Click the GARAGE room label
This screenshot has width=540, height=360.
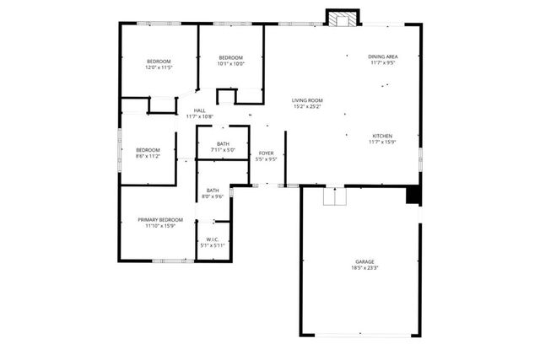[x=364, y=261]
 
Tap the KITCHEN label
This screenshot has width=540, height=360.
[x=382, y=136]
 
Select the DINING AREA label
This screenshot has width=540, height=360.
[x=382, y=56]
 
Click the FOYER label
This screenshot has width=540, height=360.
[x=266, y=153]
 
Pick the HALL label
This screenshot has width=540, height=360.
[x=200, y=110]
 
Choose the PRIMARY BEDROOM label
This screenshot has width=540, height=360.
[x=159, y=219]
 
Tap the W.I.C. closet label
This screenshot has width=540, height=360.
[x=213, y=239]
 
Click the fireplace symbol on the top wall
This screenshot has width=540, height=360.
[x=343, y=19]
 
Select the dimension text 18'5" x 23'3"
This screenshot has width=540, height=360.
[x=364, y=268]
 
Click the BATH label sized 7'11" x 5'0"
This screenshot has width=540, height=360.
[x=223, y=144]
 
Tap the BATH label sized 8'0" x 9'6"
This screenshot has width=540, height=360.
[x=213, y=191]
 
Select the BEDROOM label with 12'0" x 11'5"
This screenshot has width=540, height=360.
[x=159, y=62]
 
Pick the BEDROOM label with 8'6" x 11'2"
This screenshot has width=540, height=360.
[x=147, y=150]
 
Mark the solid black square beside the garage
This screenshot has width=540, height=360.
[x=413, y=196]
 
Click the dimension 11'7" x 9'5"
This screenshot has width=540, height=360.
[x=382, y=63]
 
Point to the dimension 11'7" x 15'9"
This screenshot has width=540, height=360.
[x=382, y=142]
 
